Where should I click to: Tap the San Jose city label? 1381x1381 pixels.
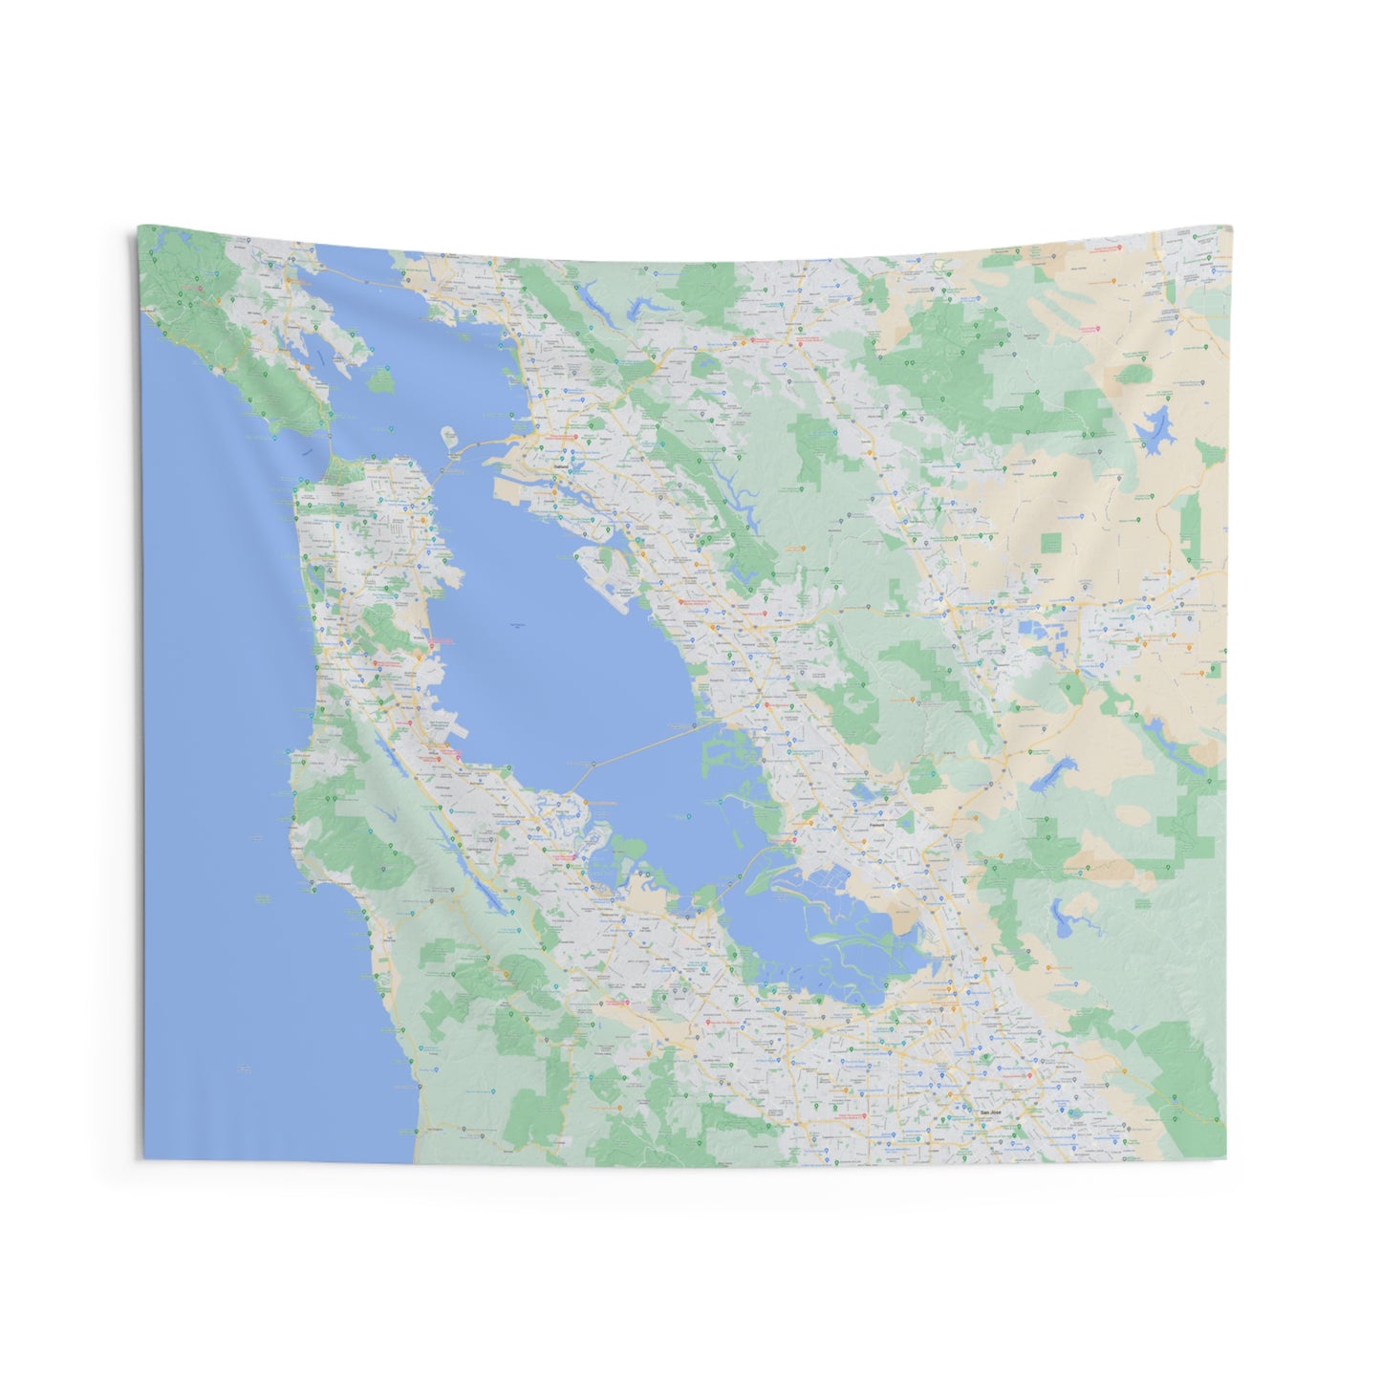[984, 1111]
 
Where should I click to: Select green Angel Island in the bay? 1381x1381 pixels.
[382, 379]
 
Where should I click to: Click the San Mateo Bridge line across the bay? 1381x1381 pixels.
[650, 744]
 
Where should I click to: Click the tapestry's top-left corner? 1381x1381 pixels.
[139, 227]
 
